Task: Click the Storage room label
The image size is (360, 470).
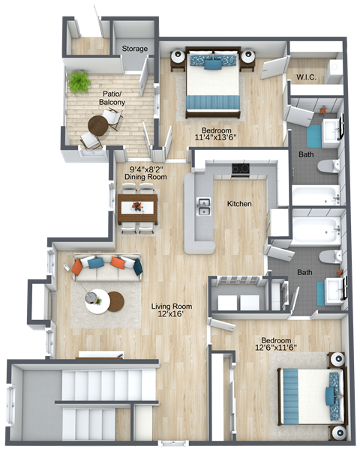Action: (135, 49)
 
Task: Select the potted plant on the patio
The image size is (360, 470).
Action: (79, 82)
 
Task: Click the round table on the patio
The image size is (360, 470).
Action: (98, 124)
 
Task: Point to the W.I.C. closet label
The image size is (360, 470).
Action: (305, 76)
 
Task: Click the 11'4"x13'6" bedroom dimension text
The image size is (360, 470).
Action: (215, 138)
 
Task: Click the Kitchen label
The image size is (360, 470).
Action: (239, 204)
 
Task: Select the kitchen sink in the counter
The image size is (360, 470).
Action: (203, 205)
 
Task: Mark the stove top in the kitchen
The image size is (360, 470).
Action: (241, 169)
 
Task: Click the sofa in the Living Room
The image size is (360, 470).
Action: (107, 265)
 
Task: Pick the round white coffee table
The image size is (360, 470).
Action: (97, 302)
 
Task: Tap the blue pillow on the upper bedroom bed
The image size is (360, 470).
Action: (212, 64)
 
